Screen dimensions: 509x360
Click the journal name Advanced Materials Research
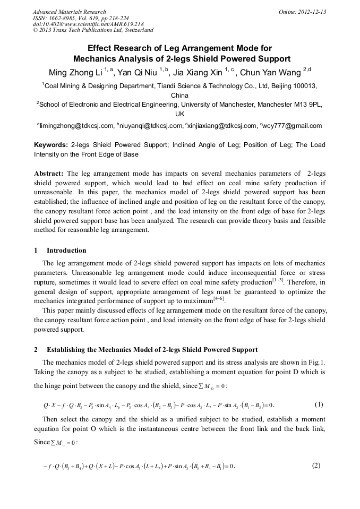pyautogui.click(x=69, y=12)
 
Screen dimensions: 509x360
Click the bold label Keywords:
pyautogui.click(x=51, y=145)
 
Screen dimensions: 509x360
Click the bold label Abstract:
pyautogui.click(x=49, y=174)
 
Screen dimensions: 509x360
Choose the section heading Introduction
pyautogui.click(x=66, y=251)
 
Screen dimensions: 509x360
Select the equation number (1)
pyautogui.click(x=319, y=404)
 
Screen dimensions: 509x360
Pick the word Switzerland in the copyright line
pyautogui.click(x=136, y=30)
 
